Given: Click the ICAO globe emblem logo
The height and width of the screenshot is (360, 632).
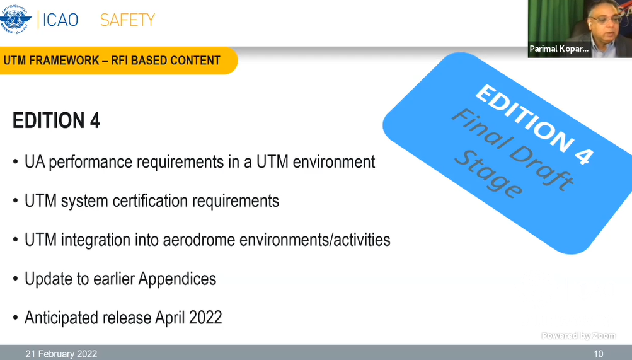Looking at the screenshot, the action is tap(15, 19).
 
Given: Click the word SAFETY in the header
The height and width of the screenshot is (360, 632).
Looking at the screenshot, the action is tap(127, 20).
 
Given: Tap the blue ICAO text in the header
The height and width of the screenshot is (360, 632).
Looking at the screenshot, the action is tap(60, 20).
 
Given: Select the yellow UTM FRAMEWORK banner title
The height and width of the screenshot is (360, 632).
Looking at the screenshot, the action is tap(112, 61).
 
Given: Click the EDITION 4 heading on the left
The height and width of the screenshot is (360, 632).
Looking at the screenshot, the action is tap(56, 120).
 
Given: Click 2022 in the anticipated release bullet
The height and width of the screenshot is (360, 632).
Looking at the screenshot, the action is tap(205, 318).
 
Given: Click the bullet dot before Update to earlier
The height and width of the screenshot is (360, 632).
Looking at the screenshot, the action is tap(15, 279).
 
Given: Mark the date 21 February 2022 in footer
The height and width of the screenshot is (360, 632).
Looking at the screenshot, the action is tap(61, 354).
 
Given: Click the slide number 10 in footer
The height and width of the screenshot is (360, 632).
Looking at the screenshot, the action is tap(598, 354).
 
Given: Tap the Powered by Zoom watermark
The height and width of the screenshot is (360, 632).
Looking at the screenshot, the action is tap(578, 335).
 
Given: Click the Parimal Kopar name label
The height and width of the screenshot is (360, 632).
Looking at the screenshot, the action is tap(559, 49).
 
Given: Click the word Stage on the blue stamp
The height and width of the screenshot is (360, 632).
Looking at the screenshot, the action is tap(488, 174).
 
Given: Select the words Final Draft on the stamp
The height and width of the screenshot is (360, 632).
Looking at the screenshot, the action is tap(512, 148).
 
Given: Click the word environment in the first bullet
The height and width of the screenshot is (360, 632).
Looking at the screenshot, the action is tap(334, 162).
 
